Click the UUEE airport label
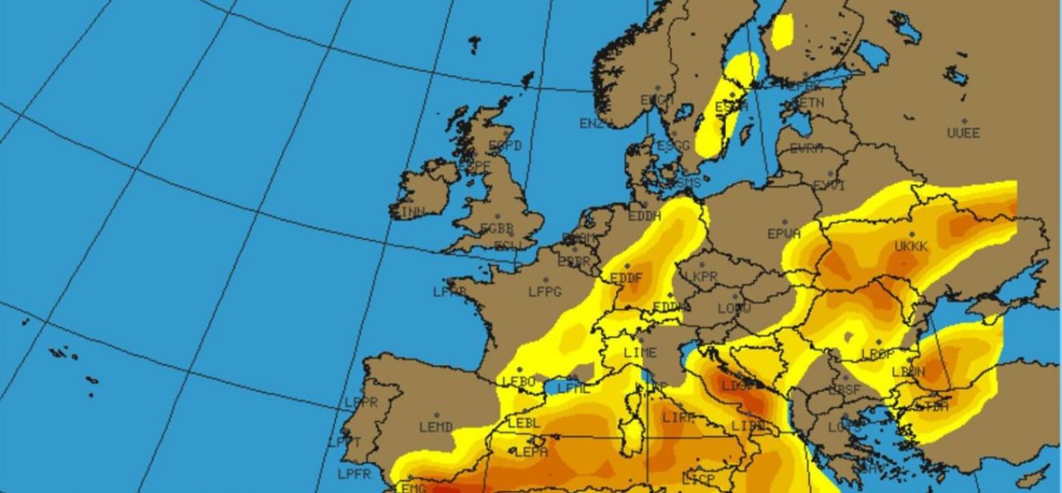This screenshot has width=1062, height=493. point(963,133)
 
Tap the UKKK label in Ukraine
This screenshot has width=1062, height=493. point(911,247)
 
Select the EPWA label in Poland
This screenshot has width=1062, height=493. point(784,234)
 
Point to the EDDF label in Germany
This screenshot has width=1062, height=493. point(626,278)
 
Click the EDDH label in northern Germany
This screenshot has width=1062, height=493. point(645,216)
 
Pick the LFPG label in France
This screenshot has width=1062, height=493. point(545,291)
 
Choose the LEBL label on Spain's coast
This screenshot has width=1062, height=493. point(523,423)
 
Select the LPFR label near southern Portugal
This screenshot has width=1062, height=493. point(354,475)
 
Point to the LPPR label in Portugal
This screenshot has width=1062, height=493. point(361,403)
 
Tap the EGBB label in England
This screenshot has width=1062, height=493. point(497,228)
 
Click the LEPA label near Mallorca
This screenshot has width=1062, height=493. point(531,452)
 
